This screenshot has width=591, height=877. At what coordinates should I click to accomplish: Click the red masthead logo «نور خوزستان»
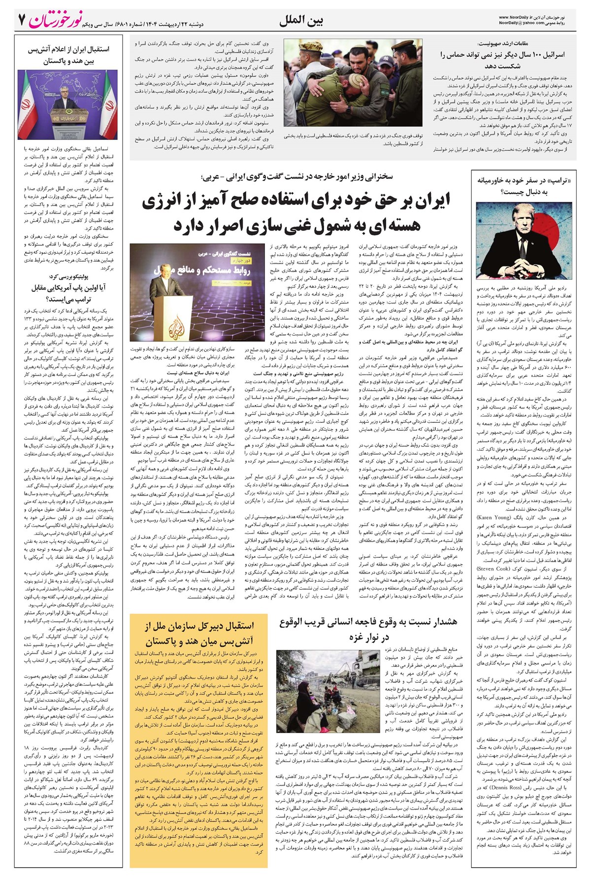click(56, 20)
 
